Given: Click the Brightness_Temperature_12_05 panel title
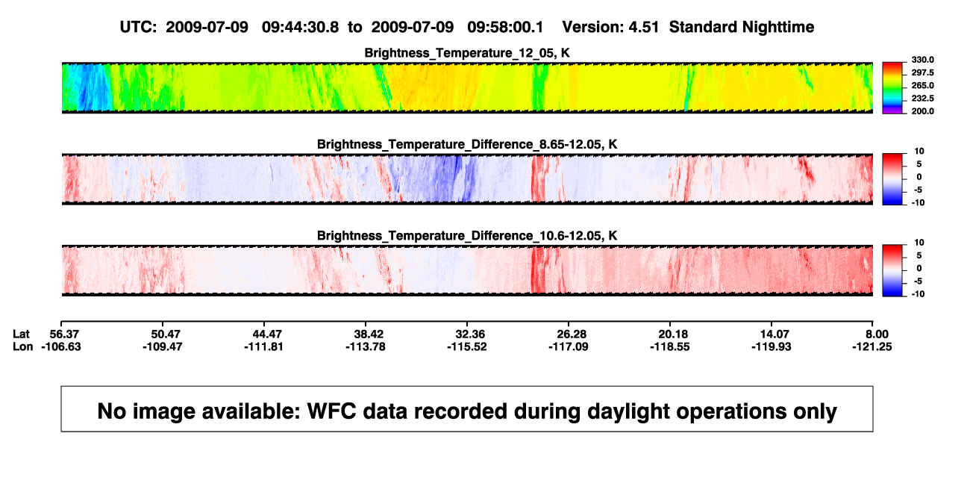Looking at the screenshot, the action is (467, 53).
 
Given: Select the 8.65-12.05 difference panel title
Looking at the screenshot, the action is (467, 144).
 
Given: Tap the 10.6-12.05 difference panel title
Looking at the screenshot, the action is (467, 236).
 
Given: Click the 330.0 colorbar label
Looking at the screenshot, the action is (922, 60).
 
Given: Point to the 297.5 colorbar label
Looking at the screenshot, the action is (922, 72).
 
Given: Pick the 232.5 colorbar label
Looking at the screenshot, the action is (922, 99).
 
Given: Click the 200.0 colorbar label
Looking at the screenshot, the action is (922, 111).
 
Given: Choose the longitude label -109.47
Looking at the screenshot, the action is (163, 346).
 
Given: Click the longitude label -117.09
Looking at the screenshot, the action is (568, 346).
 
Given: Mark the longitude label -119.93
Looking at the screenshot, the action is (772, 346).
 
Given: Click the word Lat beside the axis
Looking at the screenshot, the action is (21, 334).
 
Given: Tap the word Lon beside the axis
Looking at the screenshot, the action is (23, 346).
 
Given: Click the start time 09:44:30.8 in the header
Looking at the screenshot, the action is (300, 27).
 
